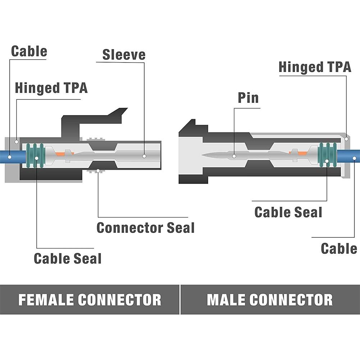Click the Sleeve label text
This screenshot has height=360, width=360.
[124, 55]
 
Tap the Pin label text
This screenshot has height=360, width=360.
[248, 97]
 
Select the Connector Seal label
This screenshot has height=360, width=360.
[145, 228]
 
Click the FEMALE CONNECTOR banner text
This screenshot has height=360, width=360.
[90, 300]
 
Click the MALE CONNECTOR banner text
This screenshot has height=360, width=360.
[270, 300]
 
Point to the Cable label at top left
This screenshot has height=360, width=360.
[29, 51]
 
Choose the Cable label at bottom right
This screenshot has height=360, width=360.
[339, 249]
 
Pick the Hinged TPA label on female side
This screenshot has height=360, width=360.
[51, 88]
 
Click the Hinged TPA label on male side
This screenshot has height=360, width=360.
[315, 67]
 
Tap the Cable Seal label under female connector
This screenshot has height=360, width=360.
[67, 258]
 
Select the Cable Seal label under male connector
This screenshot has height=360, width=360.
[288, 212]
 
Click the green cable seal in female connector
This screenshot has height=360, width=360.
[35, 155]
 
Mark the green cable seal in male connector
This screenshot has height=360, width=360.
[328, 155]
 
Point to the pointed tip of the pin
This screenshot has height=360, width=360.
[204, 155]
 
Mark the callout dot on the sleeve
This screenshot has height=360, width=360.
[144, 156]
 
